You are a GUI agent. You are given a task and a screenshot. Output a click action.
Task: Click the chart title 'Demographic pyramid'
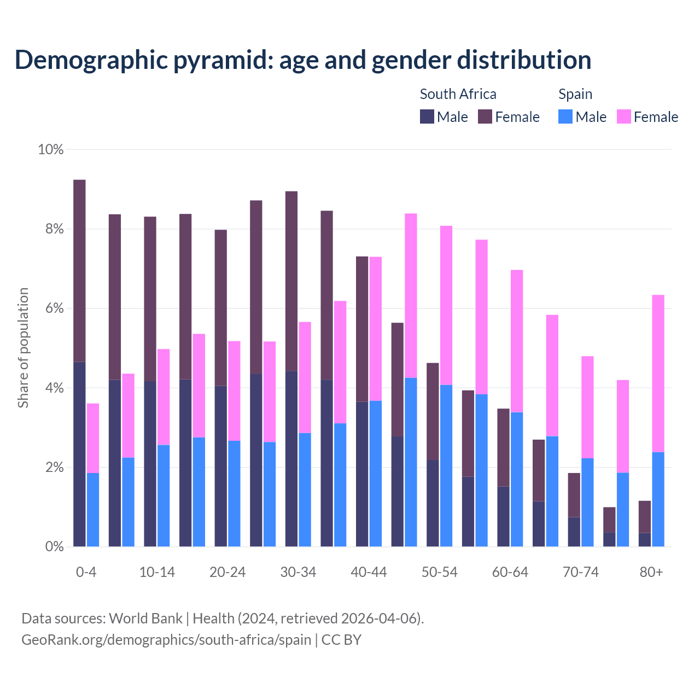[x=302, y=60]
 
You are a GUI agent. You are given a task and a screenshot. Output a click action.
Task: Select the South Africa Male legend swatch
[x=427, y=116]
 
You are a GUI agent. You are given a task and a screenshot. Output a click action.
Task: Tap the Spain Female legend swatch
[x=623, y=116]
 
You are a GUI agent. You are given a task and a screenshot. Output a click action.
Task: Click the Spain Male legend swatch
[x=565, y=116]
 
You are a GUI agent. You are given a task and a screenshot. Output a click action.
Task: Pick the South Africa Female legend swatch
[x=485, y=116]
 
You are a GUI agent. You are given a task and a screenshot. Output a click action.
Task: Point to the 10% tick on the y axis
[x=50, y=149]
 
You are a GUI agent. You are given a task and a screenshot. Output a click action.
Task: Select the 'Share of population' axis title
[x=23, y=348]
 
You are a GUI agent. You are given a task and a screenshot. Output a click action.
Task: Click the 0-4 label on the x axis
[x=86, y=572]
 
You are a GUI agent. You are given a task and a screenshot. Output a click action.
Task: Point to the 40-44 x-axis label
[x=369, y=572]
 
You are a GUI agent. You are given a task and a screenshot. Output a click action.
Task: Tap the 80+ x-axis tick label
[x=651, y=572]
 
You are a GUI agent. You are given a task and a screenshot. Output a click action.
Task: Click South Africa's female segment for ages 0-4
[x=79, y=271]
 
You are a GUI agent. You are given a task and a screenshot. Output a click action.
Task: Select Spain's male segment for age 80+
[x=658, y=499]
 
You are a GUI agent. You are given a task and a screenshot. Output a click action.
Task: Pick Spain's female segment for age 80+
[x=658, y=374]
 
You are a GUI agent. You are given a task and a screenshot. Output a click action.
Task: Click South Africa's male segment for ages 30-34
[x=291, y=459]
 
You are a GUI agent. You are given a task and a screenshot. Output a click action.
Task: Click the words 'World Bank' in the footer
[x=145, y=619]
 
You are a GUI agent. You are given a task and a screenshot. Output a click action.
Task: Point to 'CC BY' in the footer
[x=341, y=640]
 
